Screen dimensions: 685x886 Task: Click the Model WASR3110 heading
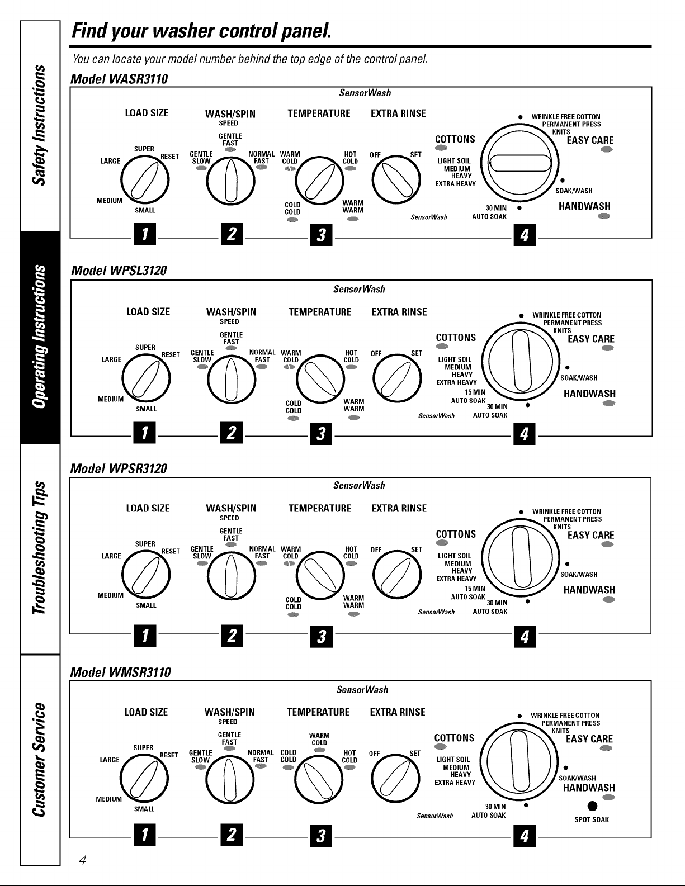point(119,79)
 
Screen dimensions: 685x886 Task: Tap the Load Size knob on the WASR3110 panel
point(145,180)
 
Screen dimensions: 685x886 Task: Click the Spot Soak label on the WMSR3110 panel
point(591,819)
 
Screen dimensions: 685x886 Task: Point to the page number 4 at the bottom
point(83,860)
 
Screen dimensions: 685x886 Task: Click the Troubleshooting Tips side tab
point(40,548)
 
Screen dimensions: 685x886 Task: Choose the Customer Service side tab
point(40,760)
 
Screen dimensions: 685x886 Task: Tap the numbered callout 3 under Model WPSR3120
point(322,637)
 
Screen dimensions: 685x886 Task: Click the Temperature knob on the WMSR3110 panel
point(318,779)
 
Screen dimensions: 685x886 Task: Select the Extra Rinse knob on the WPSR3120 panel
point(397,575)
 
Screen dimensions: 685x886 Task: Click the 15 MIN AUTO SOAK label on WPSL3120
point(469,396)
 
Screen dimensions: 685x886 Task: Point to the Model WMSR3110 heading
point(121,672)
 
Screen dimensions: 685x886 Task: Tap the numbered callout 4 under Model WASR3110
point(525,235)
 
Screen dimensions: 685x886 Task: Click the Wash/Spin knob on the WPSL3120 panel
point(232,380)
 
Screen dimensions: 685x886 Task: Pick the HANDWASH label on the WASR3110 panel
point(584,206)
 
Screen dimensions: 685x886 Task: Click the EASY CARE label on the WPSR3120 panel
point(591,535)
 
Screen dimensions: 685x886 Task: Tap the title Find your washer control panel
point(201,31)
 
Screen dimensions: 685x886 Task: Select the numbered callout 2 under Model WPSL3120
point(232,433)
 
